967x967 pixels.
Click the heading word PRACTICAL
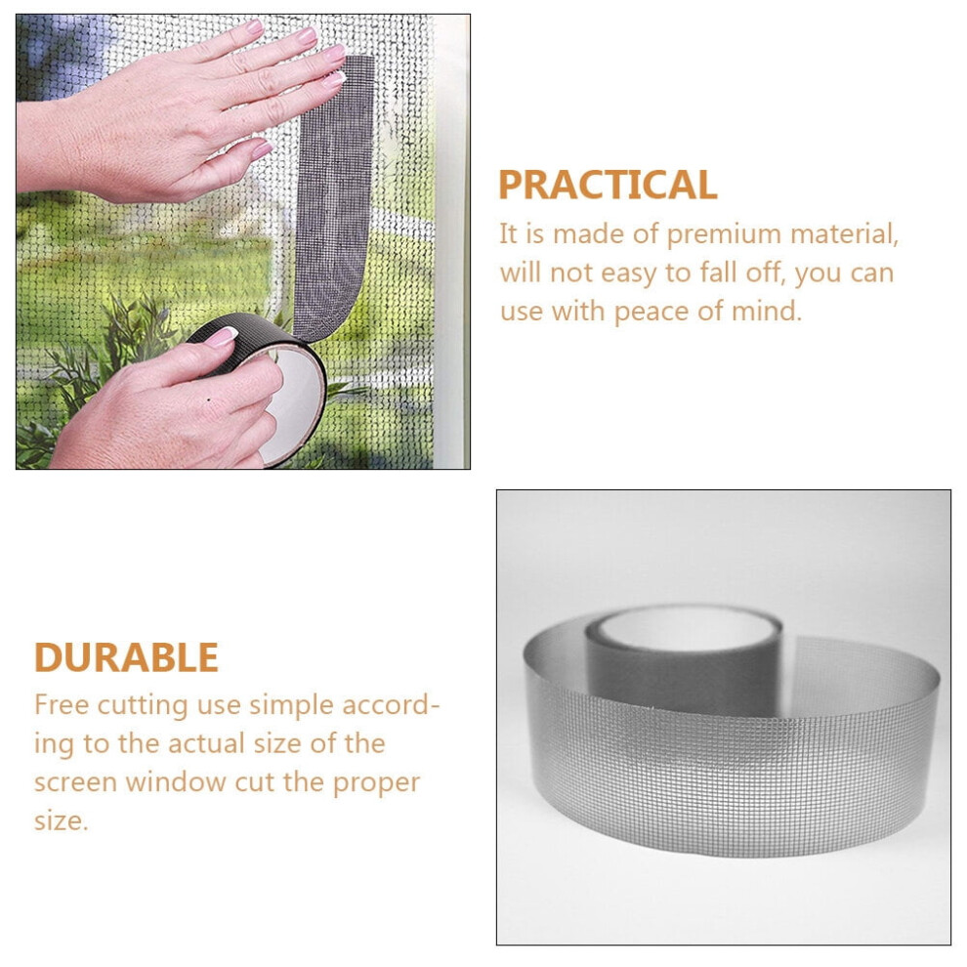(608, 185)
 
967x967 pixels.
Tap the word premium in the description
(724, 235)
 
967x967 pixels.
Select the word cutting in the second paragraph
(143, 706)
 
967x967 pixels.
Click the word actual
(205, 743)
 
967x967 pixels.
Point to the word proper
(376, 783)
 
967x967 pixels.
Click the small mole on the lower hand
(210, 399)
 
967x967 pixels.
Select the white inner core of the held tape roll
(295, 400)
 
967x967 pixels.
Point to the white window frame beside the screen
(452, 240)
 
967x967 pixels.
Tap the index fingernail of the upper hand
(334, 53)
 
